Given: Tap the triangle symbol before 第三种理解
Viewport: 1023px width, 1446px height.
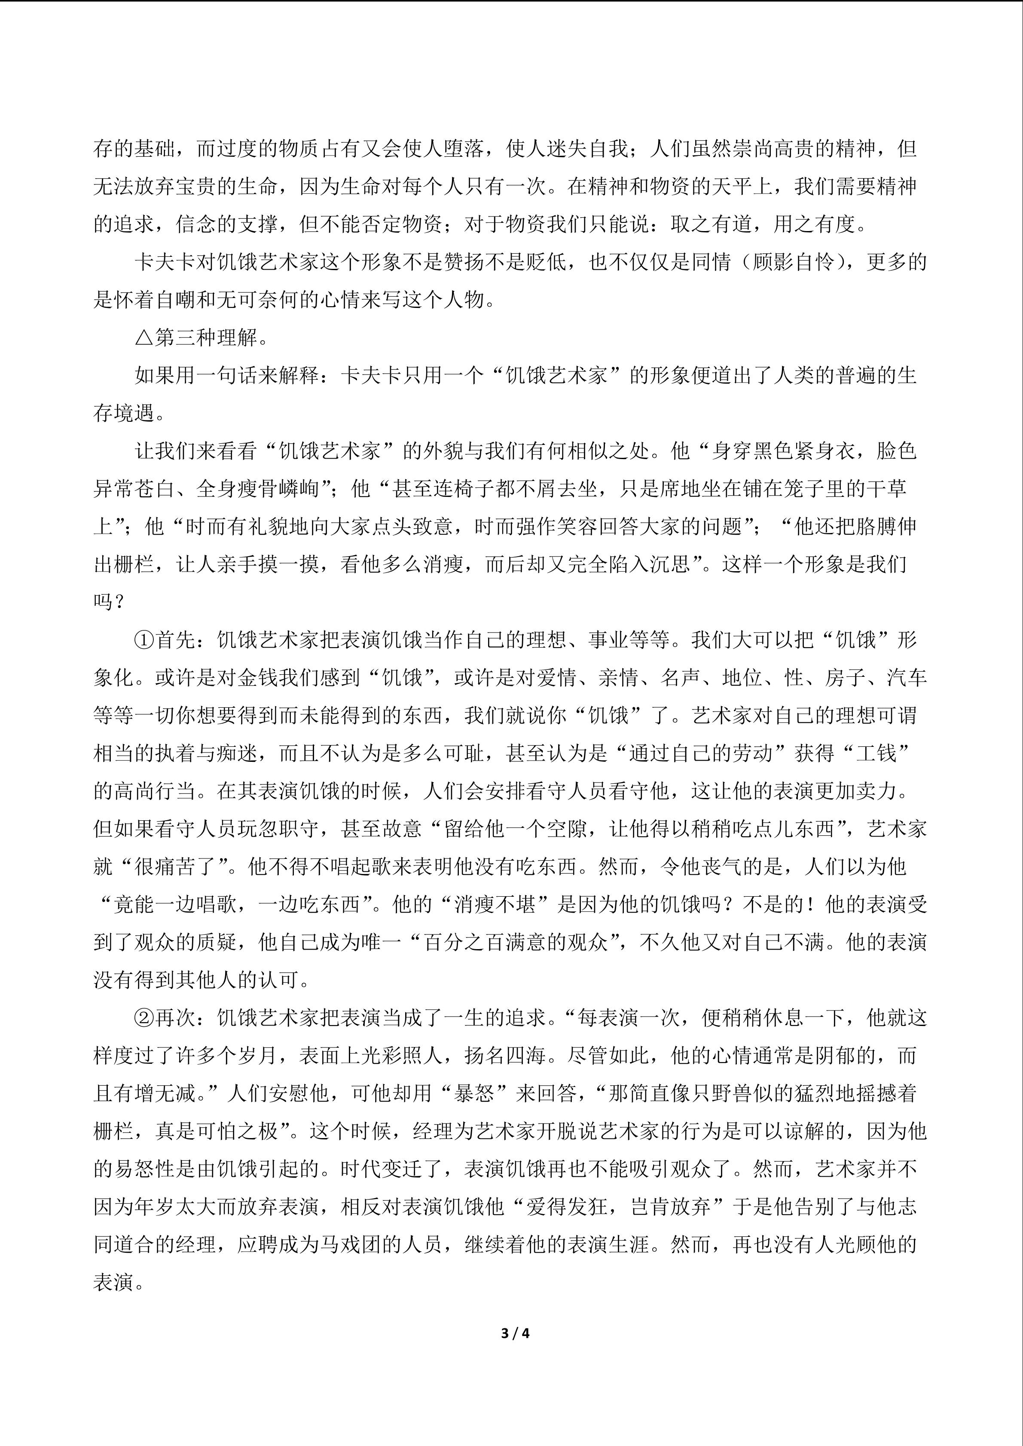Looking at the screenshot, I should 144,338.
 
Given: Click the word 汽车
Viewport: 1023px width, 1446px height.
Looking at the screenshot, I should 907,678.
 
